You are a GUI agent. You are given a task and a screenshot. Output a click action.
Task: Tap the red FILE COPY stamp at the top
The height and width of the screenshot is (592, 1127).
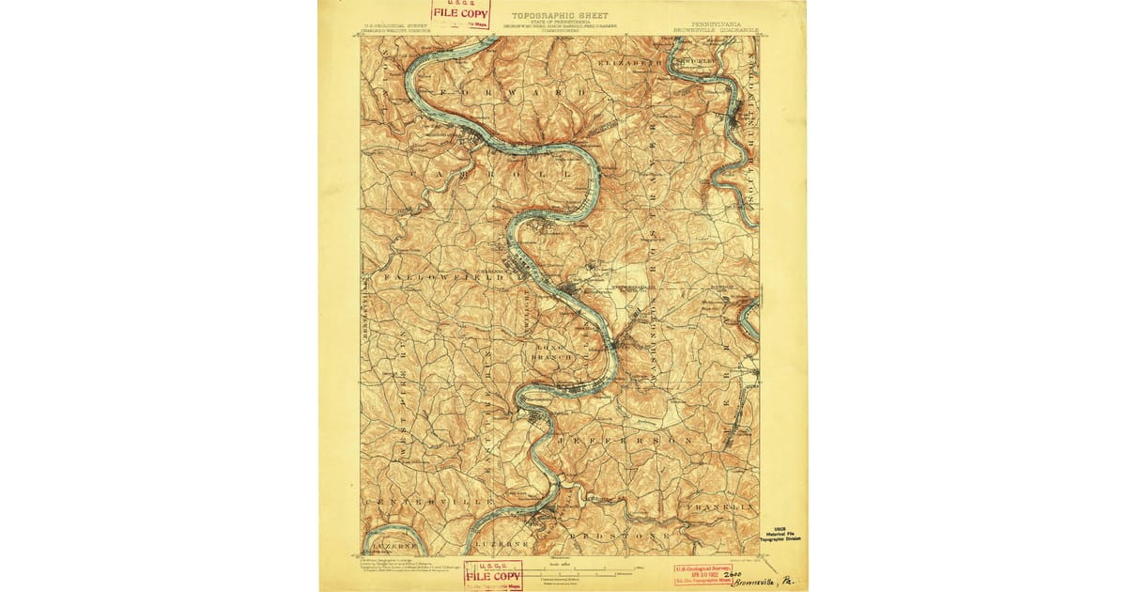(x=460, y=13)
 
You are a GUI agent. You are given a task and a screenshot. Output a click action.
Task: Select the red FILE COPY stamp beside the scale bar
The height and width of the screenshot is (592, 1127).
(x=493, y=574)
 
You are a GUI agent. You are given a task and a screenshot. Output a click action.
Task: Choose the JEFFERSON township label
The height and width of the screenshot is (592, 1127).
(x=624, y=440)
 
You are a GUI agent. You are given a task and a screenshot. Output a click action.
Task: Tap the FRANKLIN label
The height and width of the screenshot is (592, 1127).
(x=720, y=507)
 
